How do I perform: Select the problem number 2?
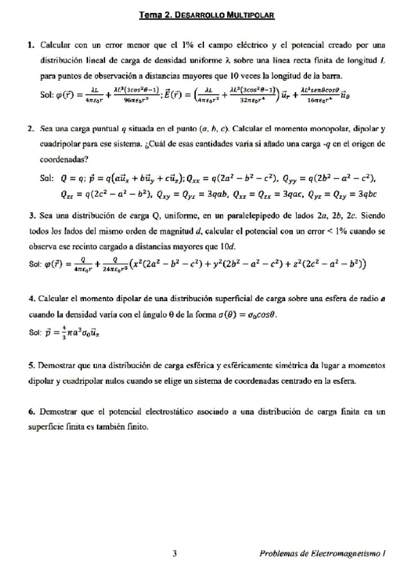pos(31,127)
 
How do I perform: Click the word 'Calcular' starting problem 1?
pos(54,45)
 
